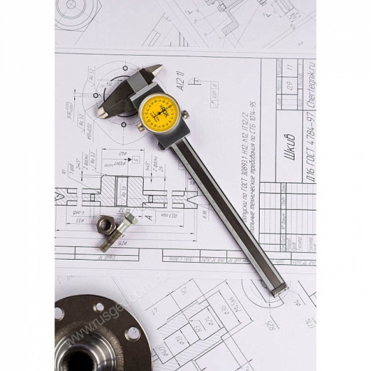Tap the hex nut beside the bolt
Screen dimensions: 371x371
pyautogui.click(x=106, y=226)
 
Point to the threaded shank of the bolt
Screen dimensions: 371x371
pyautogui.click(x=113, y=239)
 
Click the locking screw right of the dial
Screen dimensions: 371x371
pyautogui.click(x=185, y=115)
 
